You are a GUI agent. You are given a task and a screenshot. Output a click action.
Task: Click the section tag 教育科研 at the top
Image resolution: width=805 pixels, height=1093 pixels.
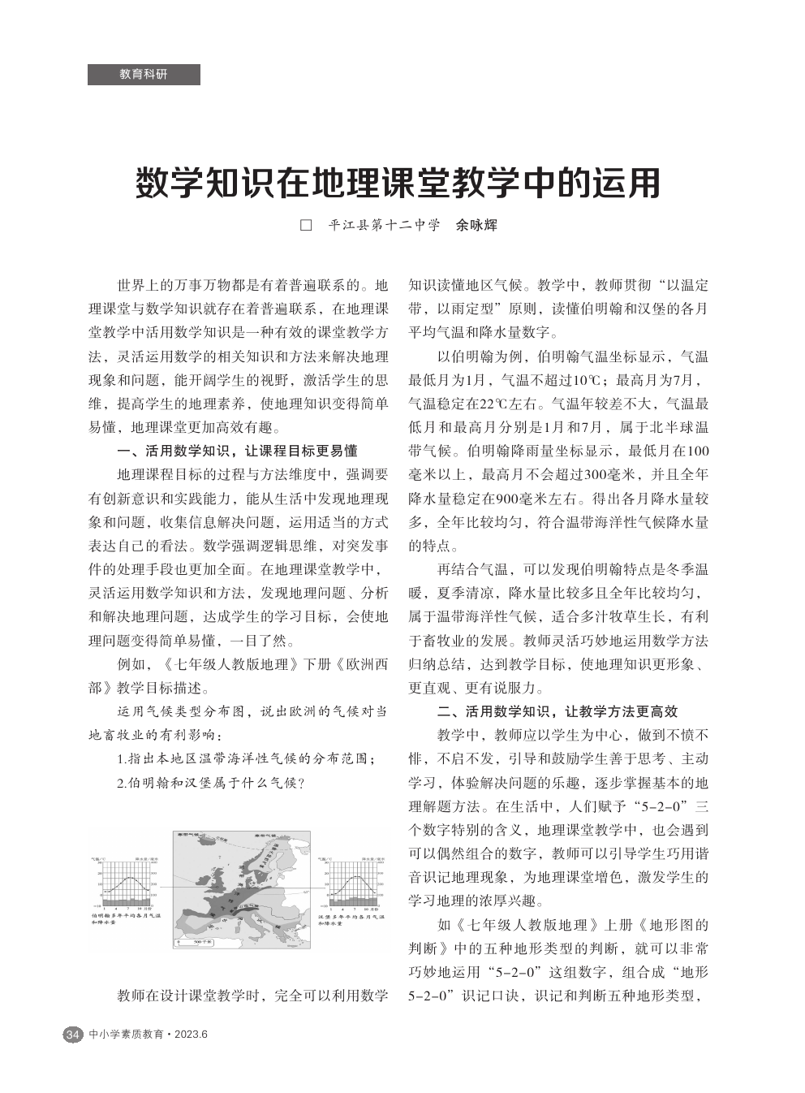tap(144, 74)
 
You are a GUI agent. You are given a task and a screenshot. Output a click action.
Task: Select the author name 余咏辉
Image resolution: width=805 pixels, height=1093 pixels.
tap(477, 226)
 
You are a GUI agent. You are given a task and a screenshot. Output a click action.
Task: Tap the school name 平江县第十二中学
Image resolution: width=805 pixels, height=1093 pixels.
tap(384, 226)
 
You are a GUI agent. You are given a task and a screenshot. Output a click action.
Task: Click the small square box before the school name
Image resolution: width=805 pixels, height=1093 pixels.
tap(306, 226)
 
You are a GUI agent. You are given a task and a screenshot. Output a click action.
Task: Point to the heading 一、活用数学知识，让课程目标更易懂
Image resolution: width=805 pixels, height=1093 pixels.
tap(238, 451)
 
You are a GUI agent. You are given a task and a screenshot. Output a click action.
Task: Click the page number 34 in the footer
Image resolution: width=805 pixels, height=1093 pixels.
tap(72, 1035)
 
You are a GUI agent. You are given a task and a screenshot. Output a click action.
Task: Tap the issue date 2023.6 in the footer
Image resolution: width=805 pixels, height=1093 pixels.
tap(191, 1035)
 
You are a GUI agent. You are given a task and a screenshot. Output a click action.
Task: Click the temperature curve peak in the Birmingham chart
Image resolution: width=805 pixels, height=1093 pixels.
tap(128, 876)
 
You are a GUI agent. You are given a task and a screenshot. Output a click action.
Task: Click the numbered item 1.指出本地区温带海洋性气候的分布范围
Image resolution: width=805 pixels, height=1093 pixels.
tap(246, 759)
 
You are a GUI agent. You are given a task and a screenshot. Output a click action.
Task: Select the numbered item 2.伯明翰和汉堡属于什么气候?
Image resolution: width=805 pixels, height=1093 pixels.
tap(210, 783)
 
